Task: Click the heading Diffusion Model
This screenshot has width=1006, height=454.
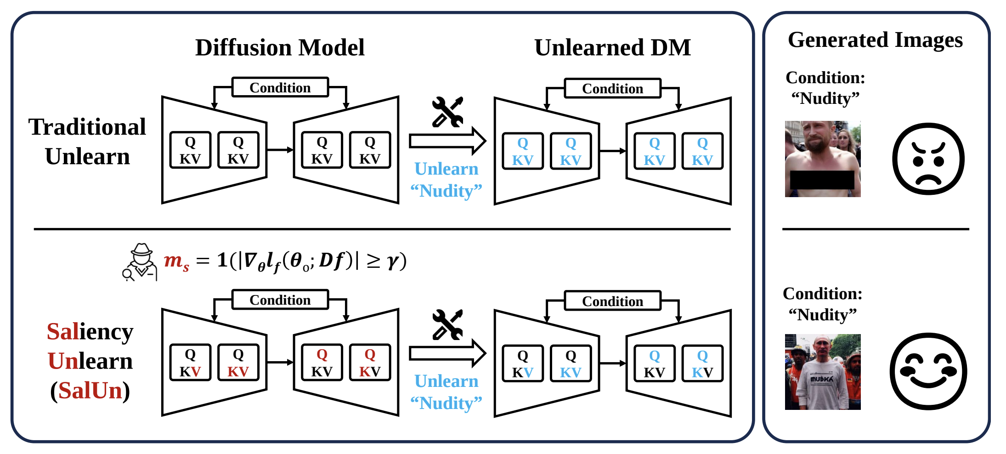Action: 280,47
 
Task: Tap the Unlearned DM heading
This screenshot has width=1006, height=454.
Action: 613,47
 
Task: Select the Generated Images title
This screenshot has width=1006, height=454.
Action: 875,40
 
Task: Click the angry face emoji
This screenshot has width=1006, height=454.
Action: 928,159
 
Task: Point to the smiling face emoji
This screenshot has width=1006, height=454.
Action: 928,371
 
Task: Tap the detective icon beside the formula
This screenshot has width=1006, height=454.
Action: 140,262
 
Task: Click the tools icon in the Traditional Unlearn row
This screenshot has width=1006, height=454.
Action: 447,112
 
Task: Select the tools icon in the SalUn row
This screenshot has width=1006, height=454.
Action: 447,324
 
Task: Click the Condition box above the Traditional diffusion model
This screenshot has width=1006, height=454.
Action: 280,87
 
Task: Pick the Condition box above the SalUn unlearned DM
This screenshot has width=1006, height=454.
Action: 613,301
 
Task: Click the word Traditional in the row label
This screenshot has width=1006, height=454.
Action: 87,127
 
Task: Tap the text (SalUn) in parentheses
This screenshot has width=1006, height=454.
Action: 90,391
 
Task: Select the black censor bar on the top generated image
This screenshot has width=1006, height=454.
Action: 822,180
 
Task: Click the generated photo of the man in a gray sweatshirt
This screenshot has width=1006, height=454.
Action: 823,372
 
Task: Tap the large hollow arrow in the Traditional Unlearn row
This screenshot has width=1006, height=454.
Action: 447,141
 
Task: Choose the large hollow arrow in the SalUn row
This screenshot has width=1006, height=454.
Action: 447,353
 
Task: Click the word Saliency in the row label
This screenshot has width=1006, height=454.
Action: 90,332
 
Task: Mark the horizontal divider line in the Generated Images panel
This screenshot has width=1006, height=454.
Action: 876,229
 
